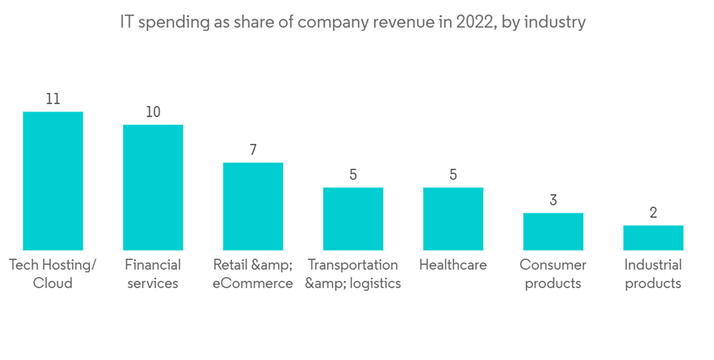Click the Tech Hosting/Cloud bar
coord(53,180)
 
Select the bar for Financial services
coord(153,187)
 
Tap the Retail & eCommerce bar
coord(253,206)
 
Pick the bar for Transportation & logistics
coord(353,218)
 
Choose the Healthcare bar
coord(453,218)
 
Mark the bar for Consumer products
coord(553,231)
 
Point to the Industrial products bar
coord(653,237)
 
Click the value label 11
coord(53,99)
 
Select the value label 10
coord(153,112)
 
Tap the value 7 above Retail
coord(253,150)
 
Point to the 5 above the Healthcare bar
coord(453,175)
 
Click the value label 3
coord(553,201)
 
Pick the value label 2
coord(653,213)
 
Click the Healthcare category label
coord(453,265)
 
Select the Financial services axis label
coord(153,274)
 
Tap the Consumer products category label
coord(553,274)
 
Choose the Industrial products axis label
coord(653,274)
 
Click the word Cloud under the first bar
coord(53,283)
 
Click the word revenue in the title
coord(408,23)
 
